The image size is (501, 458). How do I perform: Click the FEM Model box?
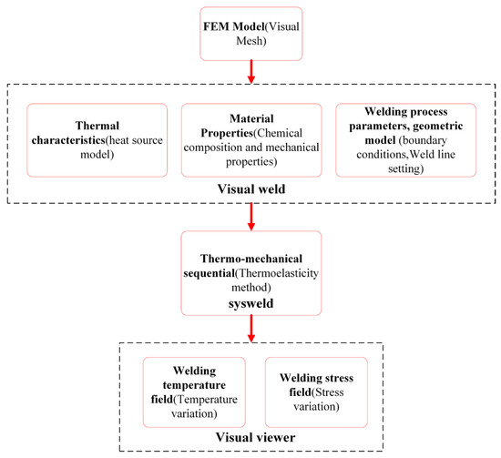251,34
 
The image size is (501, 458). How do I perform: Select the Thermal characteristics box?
97,140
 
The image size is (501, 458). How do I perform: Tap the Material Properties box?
251,140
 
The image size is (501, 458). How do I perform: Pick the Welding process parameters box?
405,140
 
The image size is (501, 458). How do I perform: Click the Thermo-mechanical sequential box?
251,273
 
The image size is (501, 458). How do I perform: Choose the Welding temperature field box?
194,392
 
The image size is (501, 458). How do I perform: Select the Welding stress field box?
316,392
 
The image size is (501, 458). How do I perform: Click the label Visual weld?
251,189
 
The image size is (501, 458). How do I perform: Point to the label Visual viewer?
255,437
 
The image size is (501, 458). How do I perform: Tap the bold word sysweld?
250,303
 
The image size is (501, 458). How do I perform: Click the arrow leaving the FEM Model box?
251,72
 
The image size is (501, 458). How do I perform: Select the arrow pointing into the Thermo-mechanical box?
251,217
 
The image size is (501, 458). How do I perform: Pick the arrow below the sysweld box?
251,329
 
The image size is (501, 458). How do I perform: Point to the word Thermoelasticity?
279,273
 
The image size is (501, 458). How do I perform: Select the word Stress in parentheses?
330,392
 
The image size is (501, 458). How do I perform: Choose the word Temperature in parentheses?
207,400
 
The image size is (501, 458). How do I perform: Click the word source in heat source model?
148,140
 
